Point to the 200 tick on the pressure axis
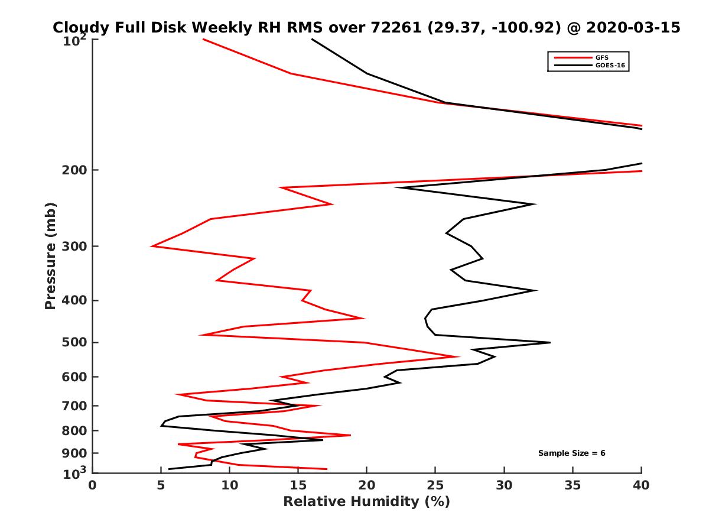(x=76, y=170)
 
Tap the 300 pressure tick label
(x=76, y=246)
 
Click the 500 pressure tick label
(x=76, y=342)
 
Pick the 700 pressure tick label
(x=76, y=406)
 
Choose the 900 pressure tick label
(x=76, y=453)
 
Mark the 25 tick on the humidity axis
(x=435, y=486)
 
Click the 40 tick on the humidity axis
(x=641, y=486)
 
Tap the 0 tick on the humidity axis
(x=93, y=486)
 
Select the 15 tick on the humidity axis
(x=298, y=486)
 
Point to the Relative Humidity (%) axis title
(x=366, y=502)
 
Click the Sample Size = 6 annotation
(x=571, y=453)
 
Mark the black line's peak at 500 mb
(x=550, y=342)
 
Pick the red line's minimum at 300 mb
(x=152, y=246)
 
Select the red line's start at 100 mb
(x=203, y=39)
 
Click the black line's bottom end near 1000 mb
(x=169, y=469)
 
